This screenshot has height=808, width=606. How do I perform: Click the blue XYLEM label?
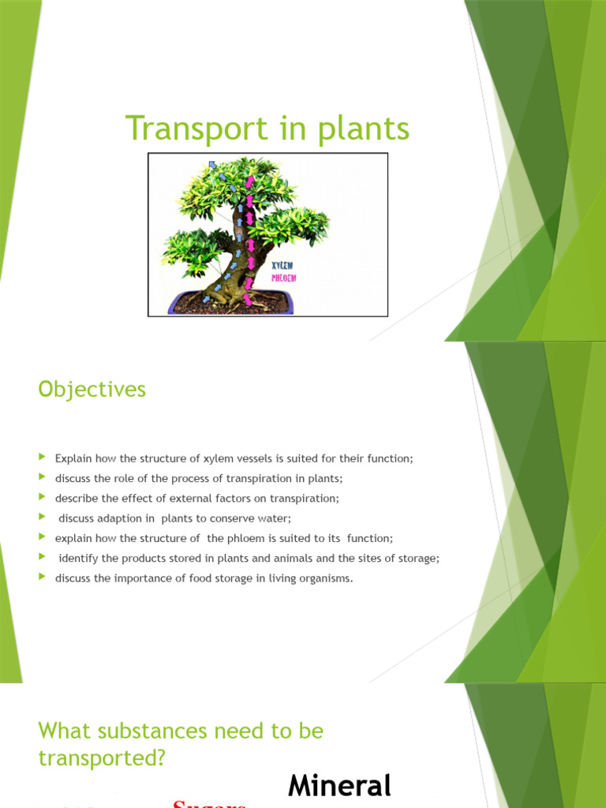coord(282,267)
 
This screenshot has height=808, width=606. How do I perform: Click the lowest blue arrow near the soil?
coord(207,299)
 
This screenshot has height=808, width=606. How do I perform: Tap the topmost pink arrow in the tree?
coord(250,183)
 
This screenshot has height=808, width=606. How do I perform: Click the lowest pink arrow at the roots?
coord(249,299)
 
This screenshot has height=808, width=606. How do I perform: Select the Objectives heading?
coord(92,390)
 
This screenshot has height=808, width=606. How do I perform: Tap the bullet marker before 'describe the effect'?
coord(43,497)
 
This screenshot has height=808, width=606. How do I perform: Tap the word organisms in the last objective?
coord(324,578)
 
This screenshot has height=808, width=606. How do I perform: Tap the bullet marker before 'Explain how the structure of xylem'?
coord(43,458)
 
